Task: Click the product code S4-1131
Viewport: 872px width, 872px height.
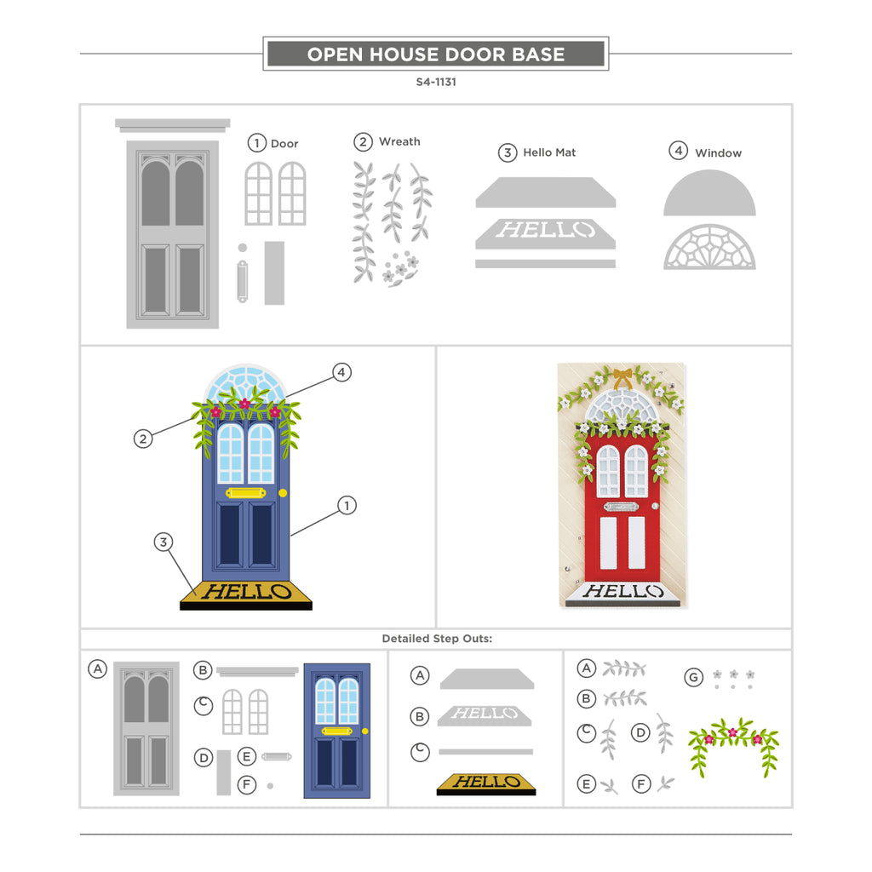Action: [x=436, y=82]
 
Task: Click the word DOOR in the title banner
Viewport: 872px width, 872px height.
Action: [x=475, y=54]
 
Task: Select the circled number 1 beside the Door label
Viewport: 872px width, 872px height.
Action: [x=256, y=143]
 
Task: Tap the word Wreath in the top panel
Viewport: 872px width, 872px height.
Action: [x=399, y=142]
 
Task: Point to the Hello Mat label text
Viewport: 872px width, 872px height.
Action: [x=549, y=152]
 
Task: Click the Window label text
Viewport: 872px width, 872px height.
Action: [x=718, y=153]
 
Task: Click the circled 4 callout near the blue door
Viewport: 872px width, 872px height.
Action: [x=341, y=372]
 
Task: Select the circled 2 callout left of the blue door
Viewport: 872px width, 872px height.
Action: [x=143, y=439]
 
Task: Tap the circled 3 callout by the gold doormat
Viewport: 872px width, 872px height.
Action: [x=163, y=542]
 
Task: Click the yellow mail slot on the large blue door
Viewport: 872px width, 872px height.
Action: [x=246, y=493]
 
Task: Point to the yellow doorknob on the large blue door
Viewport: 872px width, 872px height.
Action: [x=283, y=493]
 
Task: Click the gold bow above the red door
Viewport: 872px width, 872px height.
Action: [x=622, y=378]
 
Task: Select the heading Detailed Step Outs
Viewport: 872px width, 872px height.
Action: [x=437, y=639]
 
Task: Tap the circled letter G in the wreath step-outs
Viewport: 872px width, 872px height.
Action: [x=693, y=677]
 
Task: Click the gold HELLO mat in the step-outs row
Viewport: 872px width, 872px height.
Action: [x=486, y=784]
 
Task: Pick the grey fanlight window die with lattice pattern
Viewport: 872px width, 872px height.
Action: [x=709, y=248]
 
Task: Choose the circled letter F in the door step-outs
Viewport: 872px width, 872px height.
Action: [x=247, y=784]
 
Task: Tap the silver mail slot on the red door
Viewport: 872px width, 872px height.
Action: [x=621, y=507]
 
